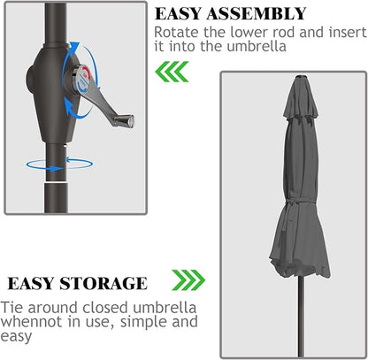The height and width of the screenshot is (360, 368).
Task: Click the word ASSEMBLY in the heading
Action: (256, 13)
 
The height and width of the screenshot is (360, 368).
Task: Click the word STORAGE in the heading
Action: (103, 284)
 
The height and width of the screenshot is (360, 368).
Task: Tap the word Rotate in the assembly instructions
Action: (176, 32)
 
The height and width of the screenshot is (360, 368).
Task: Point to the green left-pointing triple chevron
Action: (172, 72)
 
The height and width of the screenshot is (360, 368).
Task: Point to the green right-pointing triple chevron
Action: (188, 280)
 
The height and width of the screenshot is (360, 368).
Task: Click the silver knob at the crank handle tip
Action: (125, 120)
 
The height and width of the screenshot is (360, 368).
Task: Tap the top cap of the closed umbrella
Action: (302, 77)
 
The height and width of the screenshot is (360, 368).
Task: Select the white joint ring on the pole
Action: (57, 183)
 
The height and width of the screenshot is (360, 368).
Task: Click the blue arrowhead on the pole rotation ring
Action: (56, 169)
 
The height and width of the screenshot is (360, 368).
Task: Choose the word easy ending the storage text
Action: (16, 336)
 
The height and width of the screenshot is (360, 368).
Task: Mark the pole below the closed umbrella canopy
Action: (301, 317)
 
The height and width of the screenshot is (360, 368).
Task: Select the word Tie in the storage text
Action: (11, 307)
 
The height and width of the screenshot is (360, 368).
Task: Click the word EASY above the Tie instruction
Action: (31, 284)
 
